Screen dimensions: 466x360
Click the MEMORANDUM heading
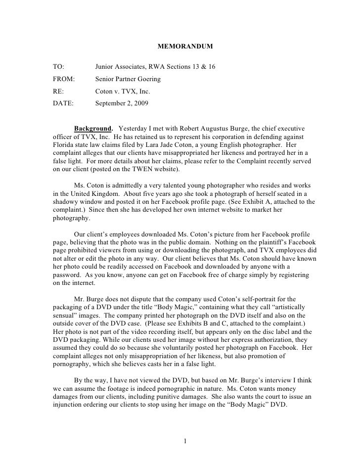click(x=185, y=47)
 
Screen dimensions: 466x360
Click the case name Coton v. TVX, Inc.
click(x=123, y=92)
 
